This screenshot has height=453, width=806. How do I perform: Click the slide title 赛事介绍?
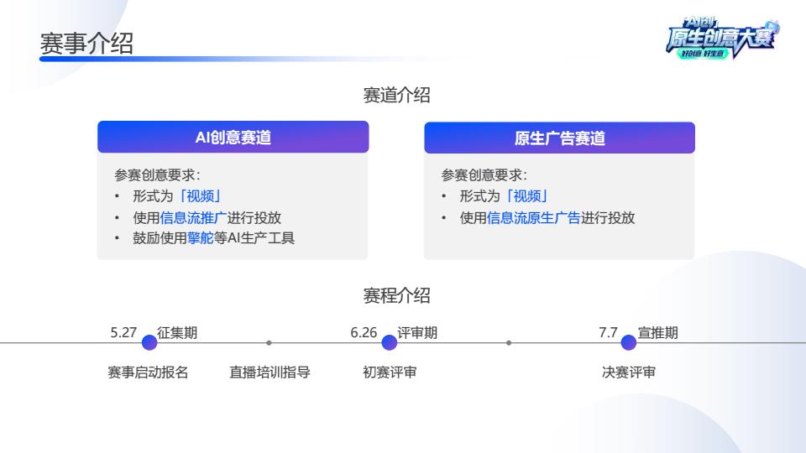pyautogui.click(x=86, y=43)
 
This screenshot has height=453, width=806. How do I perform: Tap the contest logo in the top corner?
pyautogui.click(x=723, y=38)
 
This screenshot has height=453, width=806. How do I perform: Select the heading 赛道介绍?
pyautogui.click(x=396, y=95)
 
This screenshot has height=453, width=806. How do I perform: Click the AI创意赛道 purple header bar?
pyautogui.click(x=233, y=137)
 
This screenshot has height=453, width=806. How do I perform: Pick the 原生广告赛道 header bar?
pyautogui.click(x=559, y=138)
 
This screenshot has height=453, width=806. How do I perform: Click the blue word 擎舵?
pyautogui.click(x=201, y=237)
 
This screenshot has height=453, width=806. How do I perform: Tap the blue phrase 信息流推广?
pyautogui.click(x=193, y=218)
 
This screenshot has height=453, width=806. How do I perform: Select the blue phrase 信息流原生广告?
pyautogui.click(x=534, y=218)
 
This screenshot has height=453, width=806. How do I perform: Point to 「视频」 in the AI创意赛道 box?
pyautogui.click(x=200, y=196)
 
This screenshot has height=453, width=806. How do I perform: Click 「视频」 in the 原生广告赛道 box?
pyautogui.click(x=527, y=196)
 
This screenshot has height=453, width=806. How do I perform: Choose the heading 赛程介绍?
pyautogui.click(x=396, y=295)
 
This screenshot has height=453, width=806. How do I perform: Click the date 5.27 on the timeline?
pyautogui.click(x=123, y=332)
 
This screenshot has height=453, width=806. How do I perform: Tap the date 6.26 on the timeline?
pyautogui.click(x=364, y=332)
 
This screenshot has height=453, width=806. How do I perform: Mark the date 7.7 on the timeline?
pyautogui.click(x=608, y=332)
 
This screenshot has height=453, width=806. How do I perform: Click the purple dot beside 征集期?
pyautogui.click(x=149, y=342)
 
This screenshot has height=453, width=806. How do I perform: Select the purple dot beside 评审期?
pyautogui.click(x=389, y=342)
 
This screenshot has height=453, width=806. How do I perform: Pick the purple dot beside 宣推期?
pyautogui.click(x=629, y=342)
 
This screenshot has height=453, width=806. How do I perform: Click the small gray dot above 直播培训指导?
pyautogui.click(x=269, y=342)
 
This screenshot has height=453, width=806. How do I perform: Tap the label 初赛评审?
pyautogui.click(x=390, y=372)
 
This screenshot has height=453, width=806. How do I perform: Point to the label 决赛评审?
pyautogui.click(x=629, y=372)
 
